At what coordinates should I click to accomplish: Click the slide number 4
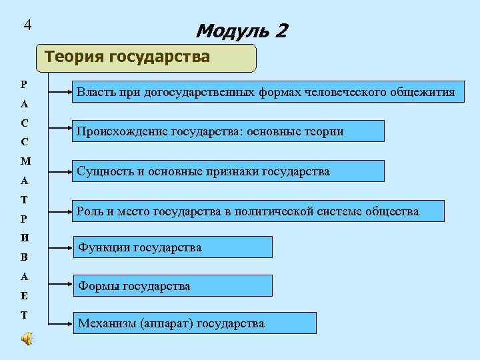27,25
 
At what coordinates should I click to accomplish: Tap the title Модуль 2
241,31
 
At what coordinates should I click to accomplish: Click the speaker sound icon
27,339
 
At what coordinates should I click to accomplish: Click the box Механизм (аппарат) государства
194,323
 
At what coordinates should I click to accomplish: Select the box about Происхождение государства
229,131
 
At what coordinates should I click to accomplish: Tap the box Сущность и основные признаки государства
229,171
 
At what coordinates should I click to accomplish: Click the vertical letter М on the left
25,161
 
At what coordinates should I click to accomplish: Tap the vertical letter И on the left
25,237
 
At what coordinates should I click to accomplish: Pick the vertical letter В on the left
25,257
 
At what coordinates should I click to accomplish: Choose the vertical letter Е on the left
25,295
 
